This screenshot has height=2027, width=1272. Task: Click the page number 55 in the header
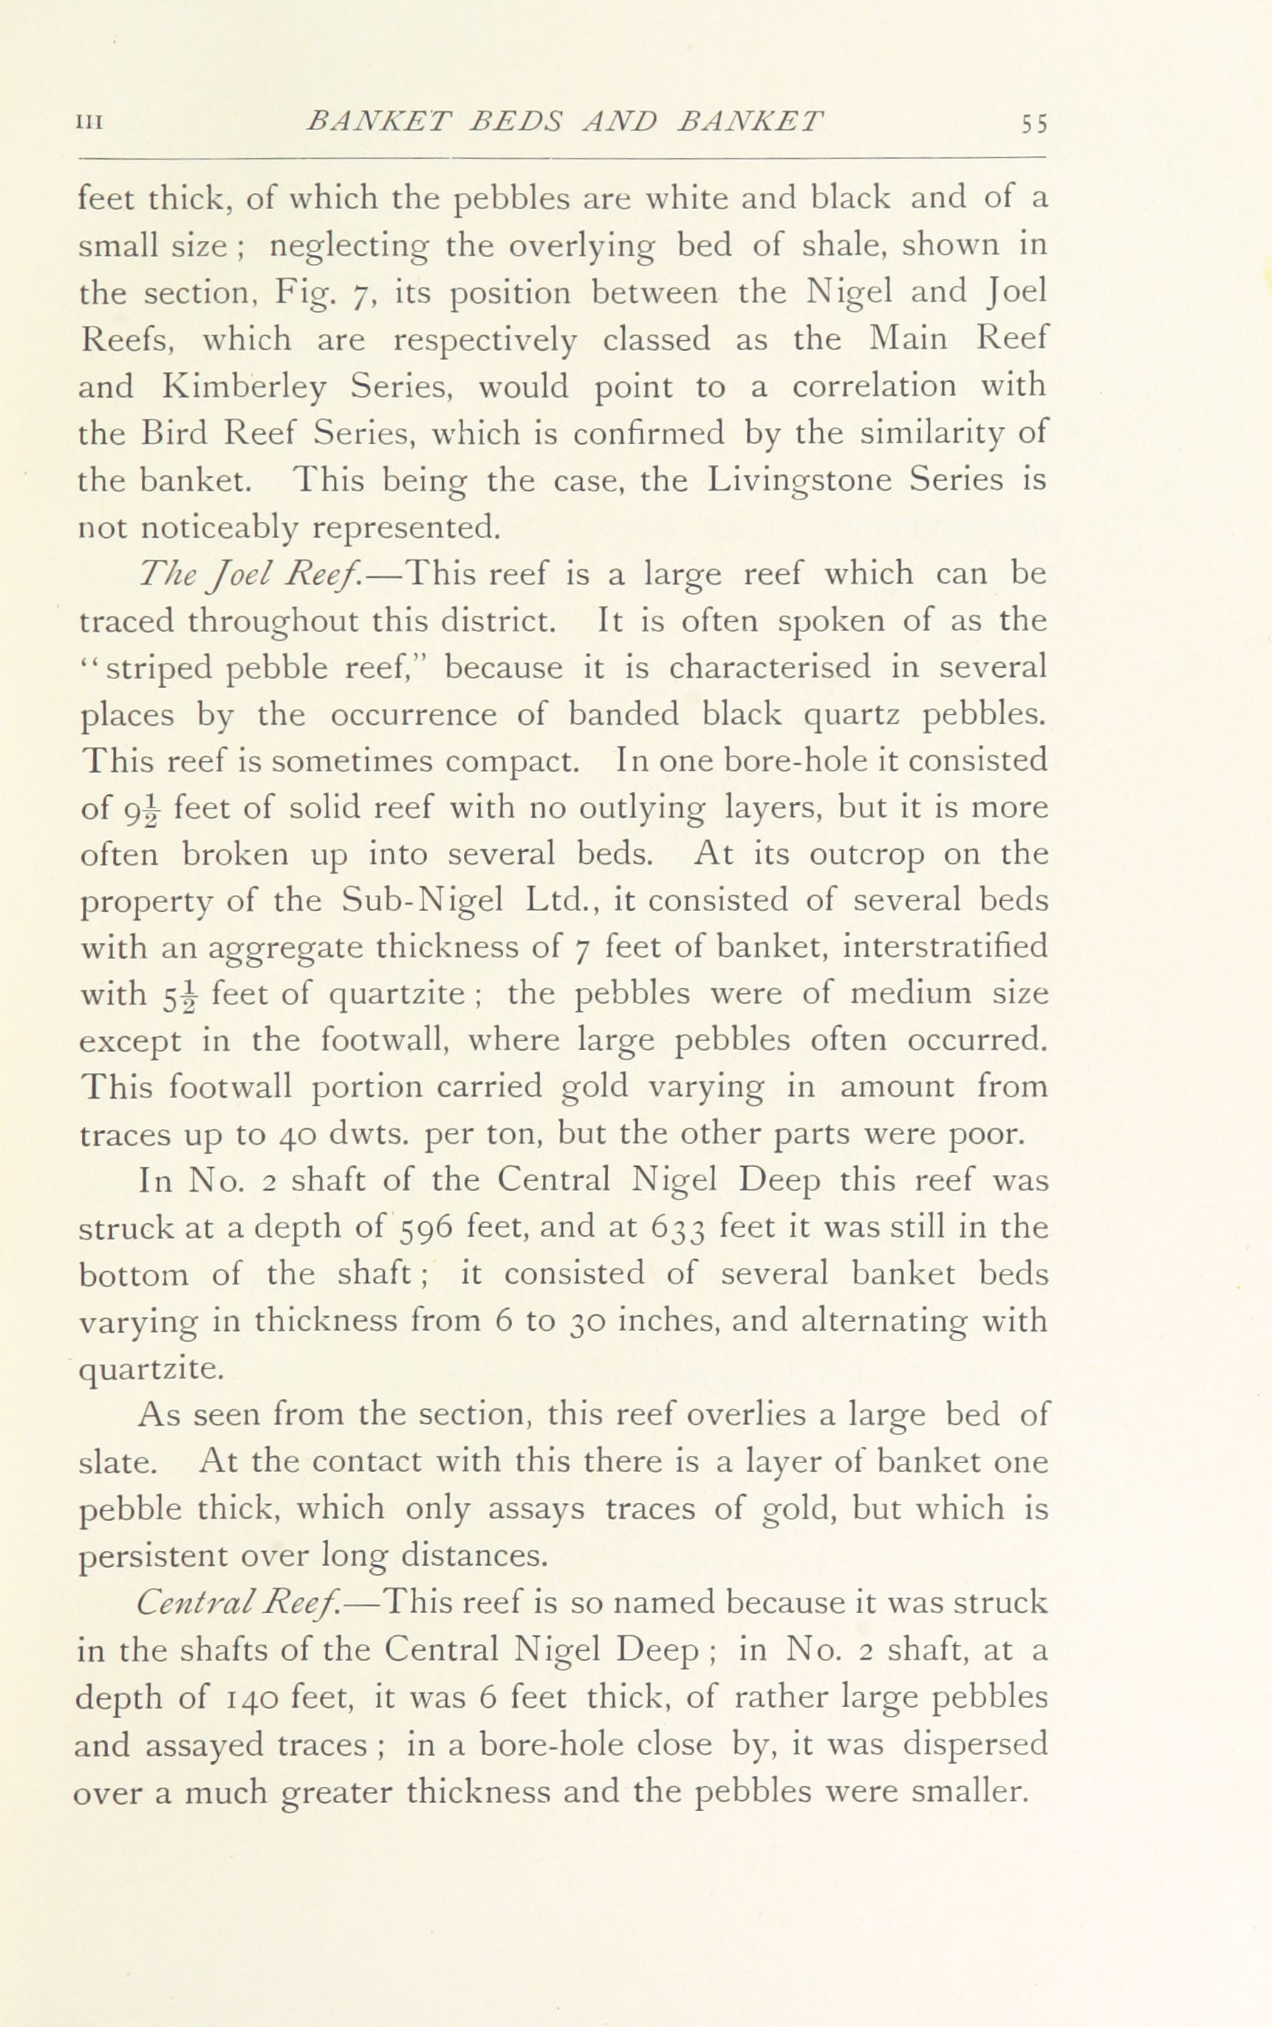click(x=1034, y=123)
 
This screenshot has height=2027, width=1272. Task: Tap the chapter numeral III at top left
click(x=89, y=123)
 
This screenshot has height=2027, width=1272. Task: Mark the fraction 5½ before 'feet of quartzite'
click(x=179, y=996)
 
